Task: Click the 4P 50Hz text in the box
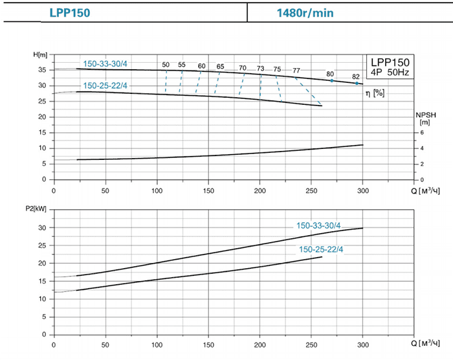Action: [391, 71]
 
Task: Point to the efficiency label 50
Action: [166, 65]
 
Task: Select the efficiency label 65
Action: [220, 67]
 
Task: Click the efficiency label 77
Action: [296, 70]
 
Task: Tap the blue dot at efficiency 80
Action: [332, 80]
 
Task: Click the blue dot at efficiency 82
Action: [357, 84]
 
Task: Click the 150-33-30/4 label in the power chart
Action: [318, 226]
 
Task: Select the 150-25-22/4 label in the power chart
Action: [321, 249]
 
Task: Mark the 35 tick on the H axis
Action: [43, 70]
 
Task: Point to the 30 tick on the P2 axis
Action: [43, 228]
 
